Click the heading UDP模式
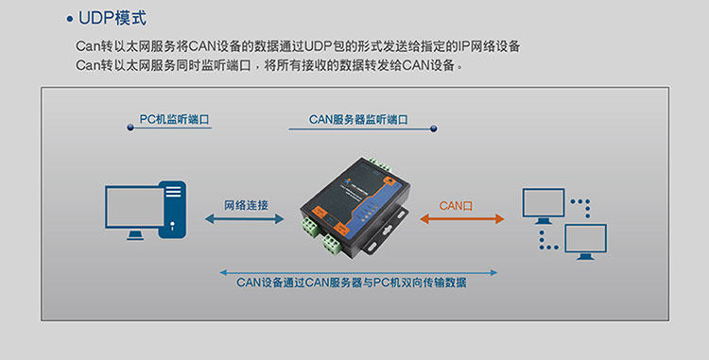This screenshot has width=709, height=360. click(x=112, y=19)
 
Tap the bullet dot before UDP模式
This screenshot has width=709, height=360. click(x=69, y=19)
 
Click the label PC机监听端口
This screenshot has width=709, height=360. click(x=174, y=119)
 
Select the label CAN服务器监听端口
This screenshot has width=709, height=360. click(x=358, y=120)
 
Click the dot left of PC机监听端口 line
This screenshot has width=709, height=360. click(x=130, y=128)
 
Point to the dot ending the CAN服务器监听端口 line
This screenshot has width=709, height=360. click(x=433, y=129)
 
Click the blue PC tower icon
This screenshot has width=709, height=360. click(x=172, y=210)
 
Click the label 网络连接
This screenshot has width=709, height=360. click(x=246, y=206)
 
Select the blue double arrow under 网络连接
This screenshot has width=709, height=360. click(x=245, y=219)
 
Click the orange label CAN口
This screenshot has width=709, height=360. click(x=456, y=206)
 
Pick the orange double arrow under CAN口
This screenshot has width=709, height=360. click(x=462, y=219)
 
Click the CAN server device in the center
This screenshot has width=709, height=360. click(x=354, y=208)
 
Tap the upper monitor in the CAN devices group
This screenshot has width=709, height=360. click(x=544, y=206)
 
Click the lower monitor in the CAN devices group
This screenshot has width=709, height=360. click(x=585, y=242)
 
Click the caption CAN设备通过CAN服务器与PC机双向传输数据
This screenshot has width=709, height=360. click(x=352, y=283)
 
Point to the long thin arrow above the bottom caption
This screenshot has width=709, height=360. click(x=358, y=272)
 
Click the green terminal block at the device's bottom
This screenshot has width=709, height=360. click(x=332, y=244)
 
